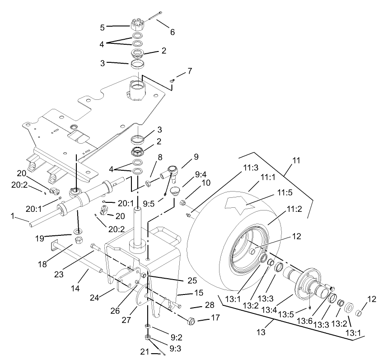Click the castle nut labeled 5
point(137,25)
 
